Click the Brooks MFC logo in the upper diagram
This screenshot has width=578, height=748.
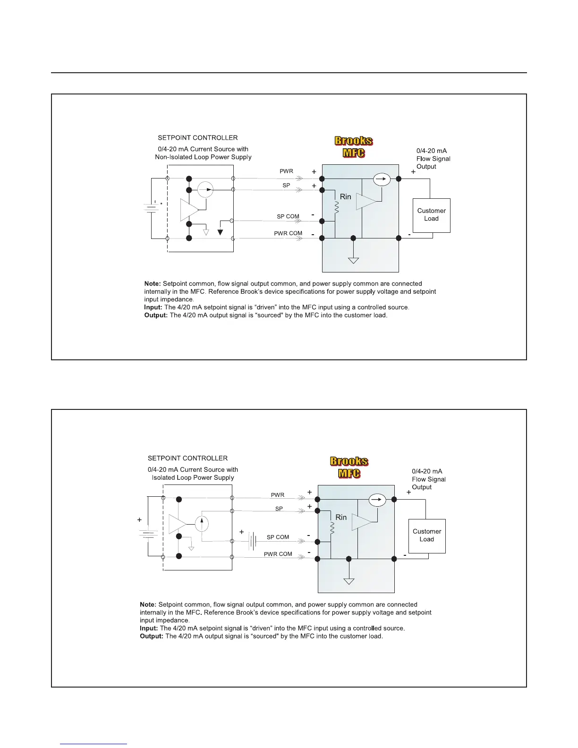[x=354, y=147]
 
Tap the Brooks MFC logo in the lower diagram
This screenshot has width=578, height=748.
[x=349, y=467]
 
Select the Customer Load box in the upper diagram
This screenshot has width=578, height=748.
[x=431, y=215]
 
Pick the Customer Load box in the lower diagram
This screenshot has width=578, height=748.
[x=426, y=535]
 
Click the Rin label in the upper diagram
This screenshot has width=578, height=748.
[x=346, y=197]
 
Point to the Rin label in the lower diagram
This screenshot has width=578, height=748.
[x=341, y=518]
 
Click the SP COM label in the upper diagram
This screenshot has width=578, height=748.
[x=288, y=217]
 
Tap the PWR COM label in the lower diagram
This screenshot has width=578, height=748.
[x=278, y=554]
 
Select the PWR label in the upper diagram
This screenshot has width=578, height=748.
[x=286, y=171]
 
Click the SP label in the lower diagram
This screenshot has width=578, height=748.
[x=279, y=509]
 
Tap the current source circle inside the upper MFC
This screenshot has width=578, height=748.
[x=381, y=179]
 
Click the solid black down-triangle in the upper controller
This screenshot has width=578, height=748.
[x=220, y=232]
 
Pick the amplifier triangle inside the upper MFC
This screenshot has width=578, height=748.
[x=365, y=201]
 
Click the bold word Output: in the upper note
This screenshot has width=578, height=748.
[x=156, y=315]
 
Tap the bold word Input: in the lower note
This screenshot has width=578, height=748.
[x=149, y=629]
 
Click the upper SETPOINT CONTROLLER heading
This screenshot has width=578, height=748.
[x=198, y=138]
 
